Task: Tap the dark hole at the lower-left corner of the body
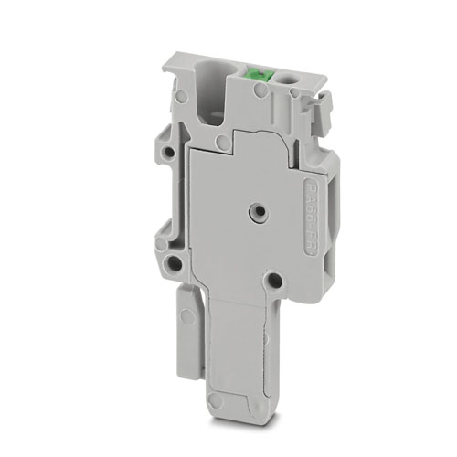coord(172,266)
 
